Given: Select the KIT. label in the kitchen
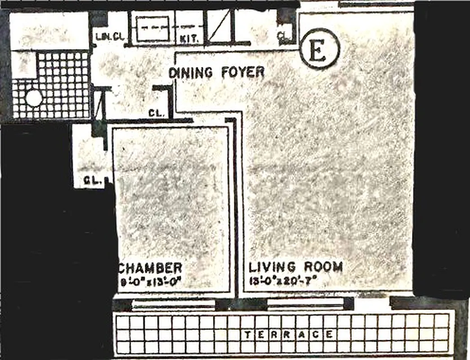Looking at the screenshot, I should tap(189, 39).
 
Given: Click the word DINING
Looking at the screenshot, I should tap(190, 72).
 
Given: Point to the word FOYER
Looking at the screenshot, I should tap(242, 72).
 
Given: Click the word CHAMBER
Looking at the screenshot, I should tap(151, 268).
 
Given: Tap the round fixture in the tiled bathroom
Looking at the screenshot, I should tap(33, 98).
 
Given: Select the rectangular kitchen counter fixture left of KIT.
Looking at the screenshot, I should tap(153, 29).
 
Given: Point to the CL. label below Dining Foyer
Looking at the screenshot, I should tap(156, 113).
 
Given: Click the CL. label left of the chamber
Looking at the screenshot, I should tap(92, 181).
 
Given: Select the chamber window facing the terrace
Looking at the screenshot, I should tap(173, 304).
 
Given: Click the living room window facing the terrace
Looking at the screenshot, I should tap(306, 304).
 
